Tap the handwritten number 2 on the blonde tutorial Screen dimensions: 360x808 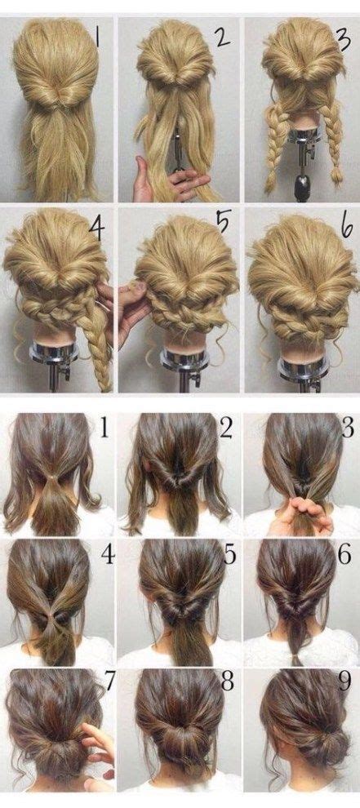point(224,37)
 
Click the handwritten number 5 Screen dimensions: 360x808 point(222,223)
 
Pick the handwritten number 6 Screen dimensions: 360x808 point(347,225)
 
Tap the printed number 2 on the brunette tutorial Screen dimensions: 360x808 point(226,427)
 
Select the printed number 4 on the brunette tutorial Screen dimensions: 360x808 point(107,554)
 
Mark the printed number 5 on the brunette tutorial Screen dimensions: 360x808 point(230,554)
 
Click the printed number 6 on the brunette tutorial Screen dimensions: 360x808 point(348,554)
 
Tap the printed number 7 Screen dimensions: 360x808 point(109,681)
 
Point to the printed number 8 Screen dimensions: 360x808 point(228,681)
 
